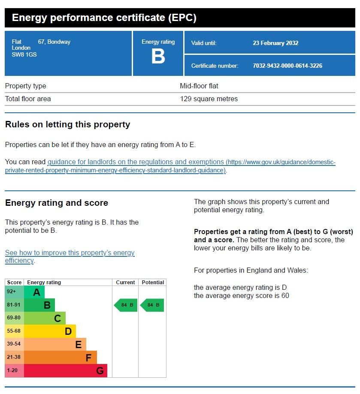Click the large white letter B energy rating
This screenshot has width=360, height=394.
158,56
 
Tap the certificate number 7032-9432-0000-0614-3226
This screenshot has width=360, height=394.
287,66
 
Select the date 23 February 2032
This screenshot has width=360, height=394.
275,43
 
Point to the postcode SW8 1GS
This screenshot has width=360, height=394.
24,54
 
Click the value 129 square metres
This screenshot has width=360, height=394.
209,99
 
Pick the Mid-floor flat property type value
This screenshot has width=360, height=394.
199,86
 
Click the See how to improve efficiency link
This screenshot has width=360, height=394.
70,256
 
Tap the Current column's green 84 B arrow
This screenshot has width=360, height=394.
126,305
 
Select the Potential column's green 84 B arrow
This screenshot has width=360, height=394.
152,305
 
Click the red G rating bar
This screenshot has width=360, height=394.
66,370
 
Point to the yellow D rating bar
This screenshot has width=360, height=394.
50,331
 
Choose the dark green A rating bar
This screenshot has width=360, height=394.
34,292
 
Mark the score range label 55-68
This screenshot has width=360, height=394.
14,331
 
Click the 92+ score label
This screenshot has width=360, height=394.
11,292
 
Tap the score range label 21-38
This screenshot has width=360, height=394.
14,357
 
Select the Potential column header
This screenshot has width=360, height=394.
153,283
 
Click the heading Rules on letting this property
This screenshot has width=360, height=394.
68,125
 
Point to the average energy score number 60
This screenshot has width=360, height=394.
285,296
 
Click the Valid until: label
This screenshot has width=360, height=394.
204,43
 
